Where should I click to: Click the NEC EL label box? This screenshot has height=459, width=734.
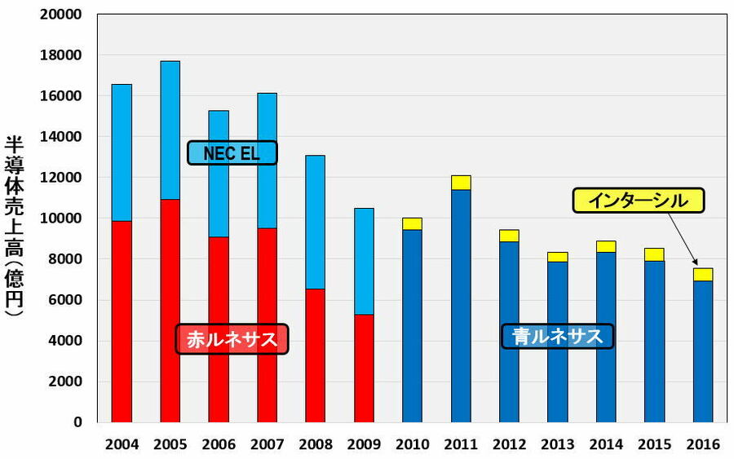(232, 153)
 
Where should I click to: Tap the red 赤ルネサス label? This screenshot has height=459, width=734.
(232, 339)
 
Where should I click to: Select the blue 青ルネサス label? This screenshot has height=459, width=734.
(557, 336)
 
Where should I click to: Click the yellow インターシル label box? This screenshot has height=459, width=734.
(639, 201)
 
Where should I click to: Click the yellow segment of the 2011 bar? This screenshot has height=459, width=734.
(461, 183)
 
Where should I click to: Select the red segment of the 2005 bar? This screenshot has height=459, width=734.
(170, 310)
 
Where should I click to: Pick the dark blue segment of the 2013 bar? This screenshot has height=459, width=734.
(558, 342)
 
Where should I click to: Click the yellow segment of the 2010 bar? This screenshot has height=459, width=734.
(412, 223)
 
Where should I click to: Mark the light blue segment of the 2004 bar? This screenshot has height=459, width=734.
(122, 152)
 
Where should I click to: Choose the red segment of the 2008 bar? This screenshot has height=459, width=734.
(316, 355)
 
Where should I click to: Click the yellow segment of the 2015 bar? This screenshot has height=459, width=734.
(654, 254)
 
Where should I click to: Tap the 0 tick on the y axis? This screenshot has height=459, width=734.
(78, 422)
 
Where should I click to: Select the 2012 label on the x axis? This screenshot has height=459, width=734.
(509, 445)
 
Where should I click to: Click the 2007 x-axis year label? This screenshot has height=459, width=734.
(267, 445)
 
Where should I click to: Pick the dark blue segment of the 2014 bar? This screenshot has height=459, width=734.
(606, 336)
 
